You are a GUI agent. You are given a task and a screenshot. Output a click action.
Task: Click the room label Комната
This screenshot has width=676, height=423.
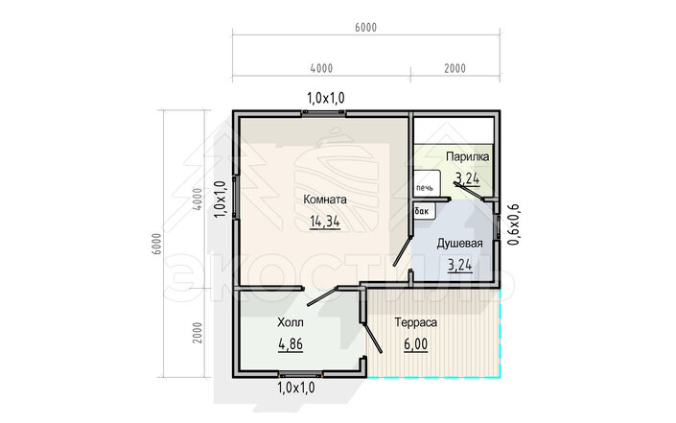(x=325, y=200)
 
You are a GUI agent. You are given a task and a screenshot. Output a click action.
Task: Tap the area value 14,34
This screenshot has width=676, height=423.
(x=325, y=222)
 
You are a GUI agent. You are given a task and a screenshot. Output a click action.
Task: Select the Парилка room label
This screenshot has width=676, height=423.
(x=467, y=156)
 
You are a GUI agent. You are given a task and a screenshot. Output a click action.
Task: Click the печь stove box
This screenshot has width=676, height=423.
(x=427, y=184)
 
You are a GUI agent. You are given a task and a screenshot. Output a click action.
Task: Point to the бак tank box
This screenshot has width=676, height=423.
(x=424, y=211)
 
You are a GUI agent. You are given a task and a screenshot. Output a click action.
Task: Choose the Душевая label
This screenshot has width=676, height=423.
(x=459, y=244)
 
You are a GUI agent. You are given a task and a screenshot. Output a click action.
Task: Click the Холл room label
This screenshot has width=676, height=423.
(x=291, y=322)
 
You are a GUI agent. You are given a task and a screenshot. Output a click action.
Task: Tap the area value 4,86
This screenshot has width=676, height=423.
(x=291, y=344)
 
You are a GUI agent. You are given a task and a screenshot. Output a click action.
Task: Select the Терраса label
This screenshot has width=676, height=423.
(x=415, y=322)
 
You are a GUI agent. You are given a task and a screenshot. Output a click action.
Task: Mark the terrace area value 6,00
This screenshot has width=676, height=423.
(x=415, y=344)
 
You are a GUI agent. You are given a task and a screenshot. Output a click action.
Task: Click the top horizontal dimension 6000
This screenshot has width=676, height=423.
(x=365, y=27)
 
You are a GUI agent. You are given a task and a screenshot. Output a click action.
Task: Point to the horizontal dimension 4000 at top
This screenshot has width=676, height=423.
(x=321, y=68)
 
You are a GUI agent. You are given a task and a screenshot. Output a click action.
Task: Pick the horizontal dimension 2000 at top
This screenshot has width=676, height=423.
(x=455, y=68)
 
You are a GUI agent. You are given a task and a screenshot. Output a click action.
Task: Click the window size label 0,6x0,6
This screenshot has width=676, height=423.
(x=514, y=224)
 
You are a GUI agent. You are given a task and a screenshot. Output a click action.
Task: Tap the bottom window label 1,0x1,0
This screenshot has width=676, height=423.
(x=296, y=388)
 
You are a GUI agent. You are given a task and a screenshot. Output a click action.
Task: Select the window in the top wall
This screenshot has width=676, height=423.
(x=324, y=113)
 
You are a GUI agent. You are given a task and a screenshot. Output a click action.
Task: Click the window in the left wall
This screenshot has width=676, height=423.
(x=235, y=198)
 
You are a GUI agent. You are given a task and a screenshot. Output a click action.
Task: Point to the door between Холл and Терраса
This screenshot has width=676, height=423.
(x=372, y=338)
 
